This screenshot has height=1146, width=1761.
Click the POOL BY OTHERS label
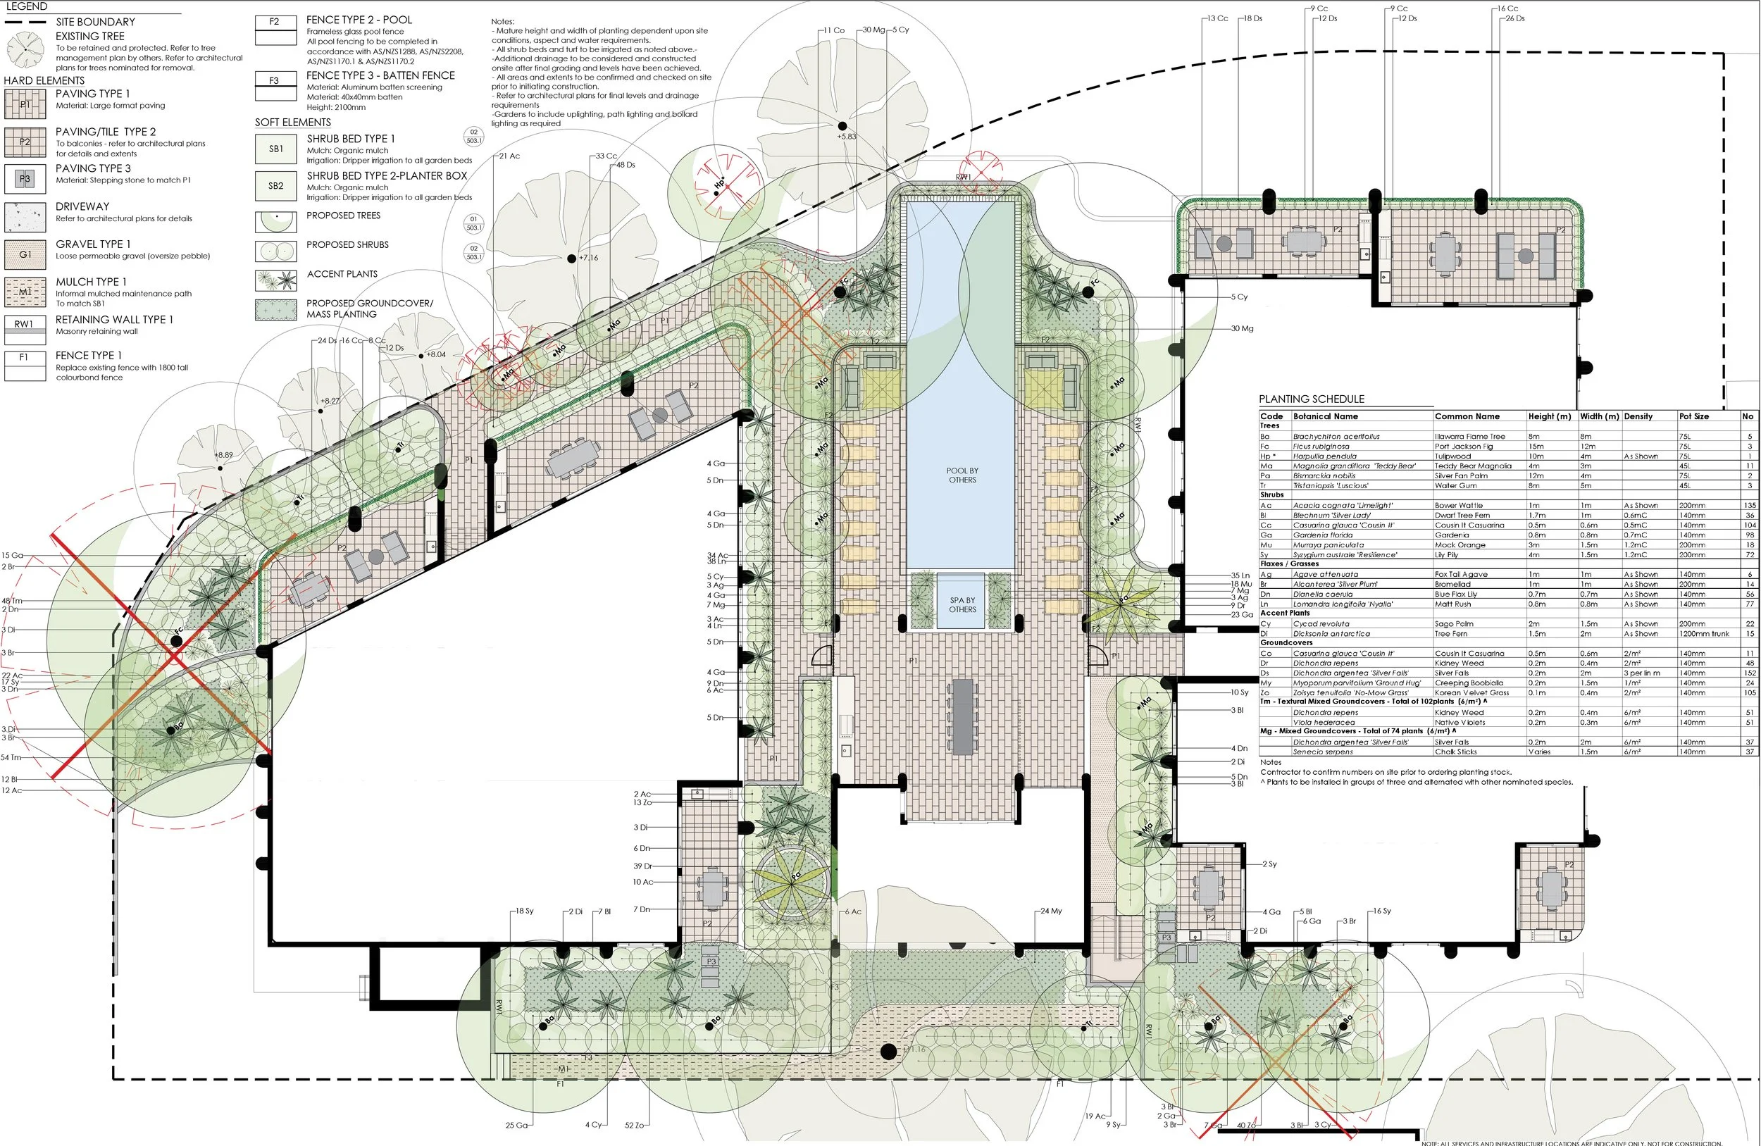click(962, 475)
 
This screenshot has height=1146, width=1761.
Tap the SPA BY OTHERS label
click(962, 604)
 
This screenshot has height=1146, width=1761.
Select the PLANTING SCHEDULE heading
click(1311, 399)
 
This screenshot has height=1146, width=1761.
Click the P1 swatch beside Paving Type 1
click(25, 104)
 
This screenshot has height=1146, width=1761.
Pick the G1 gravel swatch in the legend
click(25, 254)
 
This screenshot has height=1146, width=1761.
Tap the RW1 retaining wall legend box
click(24, 324)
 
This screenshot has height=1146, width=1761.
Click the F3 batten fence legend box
click(275, 80)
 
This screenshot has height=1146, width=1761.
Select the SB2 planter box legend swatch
click(275, 186)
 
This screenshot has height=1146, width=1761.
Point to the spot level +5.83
click(847, 137)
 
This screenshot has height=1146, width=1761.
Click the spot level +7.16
click(588, 259)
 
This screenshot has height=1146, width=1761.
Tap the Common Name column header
click(1467, 416)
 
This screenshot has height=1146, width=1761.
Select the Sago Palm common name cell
click(1454, 623)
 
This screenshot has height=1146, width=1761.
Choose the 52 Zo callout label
click(633, 1126)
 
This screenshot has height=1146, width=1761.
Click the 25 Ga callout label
click(516, 1126)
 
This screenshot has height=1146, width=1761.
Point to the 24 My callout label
click(1051, 911)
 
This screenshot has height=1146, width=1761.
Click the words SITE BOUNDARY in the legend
click(96, 23)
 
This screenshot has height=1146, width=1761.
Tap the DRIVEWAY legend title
click(82, 206)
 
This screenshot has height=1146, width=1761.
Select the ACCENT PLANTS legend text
click(342, 274)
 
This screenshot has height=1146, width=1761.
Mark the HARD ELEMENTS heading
click(44, 80)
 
